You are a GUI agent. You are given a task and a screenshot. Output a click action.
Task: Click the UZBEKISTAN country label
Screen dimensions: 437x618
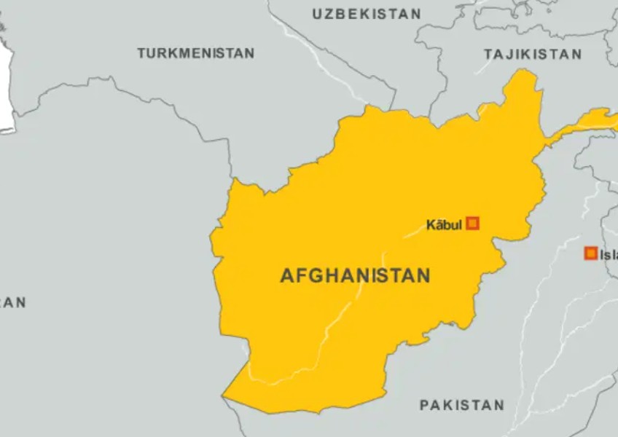[367, 14]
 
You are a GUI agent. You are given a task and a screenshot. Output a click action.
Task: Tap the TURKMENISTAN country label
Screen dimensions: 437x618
[196, 53]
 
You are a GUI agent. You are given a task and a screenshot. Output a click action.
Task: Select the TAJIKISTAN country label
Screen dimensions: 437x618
[533, 54]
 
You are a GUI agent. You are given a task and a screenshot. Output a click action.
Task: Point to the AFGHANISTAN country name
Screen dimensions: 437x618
[355, 276]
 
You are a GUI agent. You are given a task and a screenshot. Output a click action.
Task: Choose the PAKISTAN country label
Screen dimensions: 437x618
[462, 405]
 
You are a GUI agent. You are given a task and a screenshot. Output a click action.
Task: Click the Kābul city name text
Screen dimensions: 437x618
[445, 224]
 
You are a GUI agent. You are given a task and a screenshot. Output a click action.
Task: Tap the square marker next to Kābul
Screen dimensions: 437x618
[472, 224]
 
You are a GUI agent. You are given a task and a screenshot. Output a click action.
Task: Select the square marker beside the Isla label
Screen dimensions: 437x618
[590, 253]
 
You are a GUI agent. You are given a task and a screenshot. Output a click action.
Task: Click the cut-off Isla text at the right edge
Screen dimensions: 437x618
[609, 254]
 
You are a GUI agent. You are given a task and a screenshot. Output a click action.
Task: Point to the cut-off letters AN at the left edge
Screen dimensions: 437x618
[13, 302]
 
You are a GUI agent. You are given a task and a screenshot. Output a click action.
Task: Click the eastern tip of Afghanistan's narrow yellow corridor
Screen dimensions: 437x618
[614, 114]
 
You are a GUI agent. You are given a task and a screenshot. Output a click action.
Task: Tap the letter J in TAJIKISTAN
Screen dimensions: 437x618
[512, 54]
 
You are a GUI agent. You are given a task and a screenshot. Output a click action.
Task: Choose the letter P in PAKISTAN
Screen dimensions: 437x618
[425, 405]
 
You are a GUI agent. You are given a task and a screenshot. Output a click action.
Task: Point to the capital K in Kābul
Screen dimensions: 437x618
[431, 224]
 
